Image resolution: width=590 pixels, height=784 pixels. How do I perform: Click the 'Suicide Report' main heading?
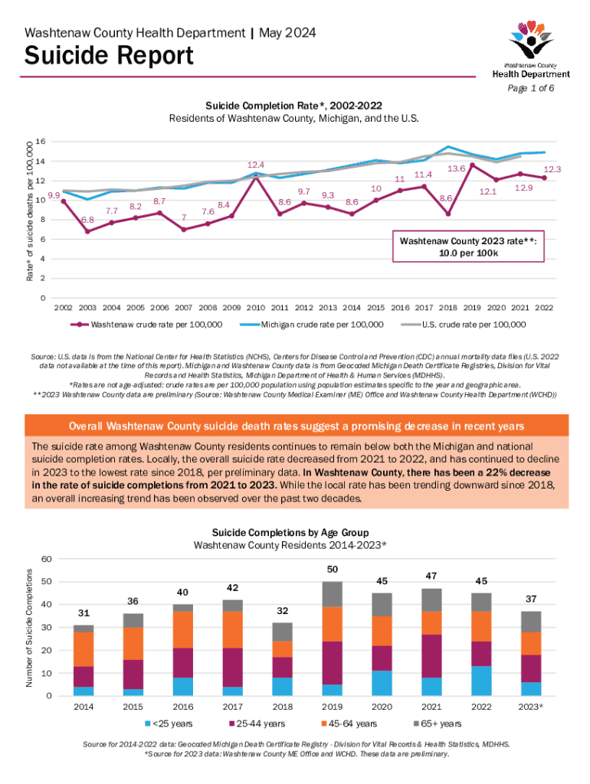tap(109, 56)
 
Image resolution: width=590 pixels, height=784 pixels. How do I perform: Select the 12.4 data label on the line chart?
tap(256, 165)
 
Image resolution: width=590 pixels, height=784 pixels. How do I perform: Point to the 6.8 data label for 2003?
tap(87, 220)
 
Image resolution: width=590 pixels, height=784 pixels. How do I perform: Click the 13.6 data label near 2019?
tap(457, 168)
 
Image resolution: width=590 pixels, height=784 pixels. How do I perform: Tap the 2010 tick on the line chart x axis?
tap(256, 309)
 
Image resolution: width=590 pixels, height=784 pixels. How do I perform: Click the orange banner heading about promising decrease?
tap(295, 426)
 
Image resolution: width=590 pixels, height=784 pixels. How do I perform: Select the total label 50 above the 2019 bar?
tap(332, 570)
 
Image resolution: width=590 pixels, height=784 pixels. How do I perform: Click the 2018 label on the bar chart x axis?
tap(283, 708)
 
